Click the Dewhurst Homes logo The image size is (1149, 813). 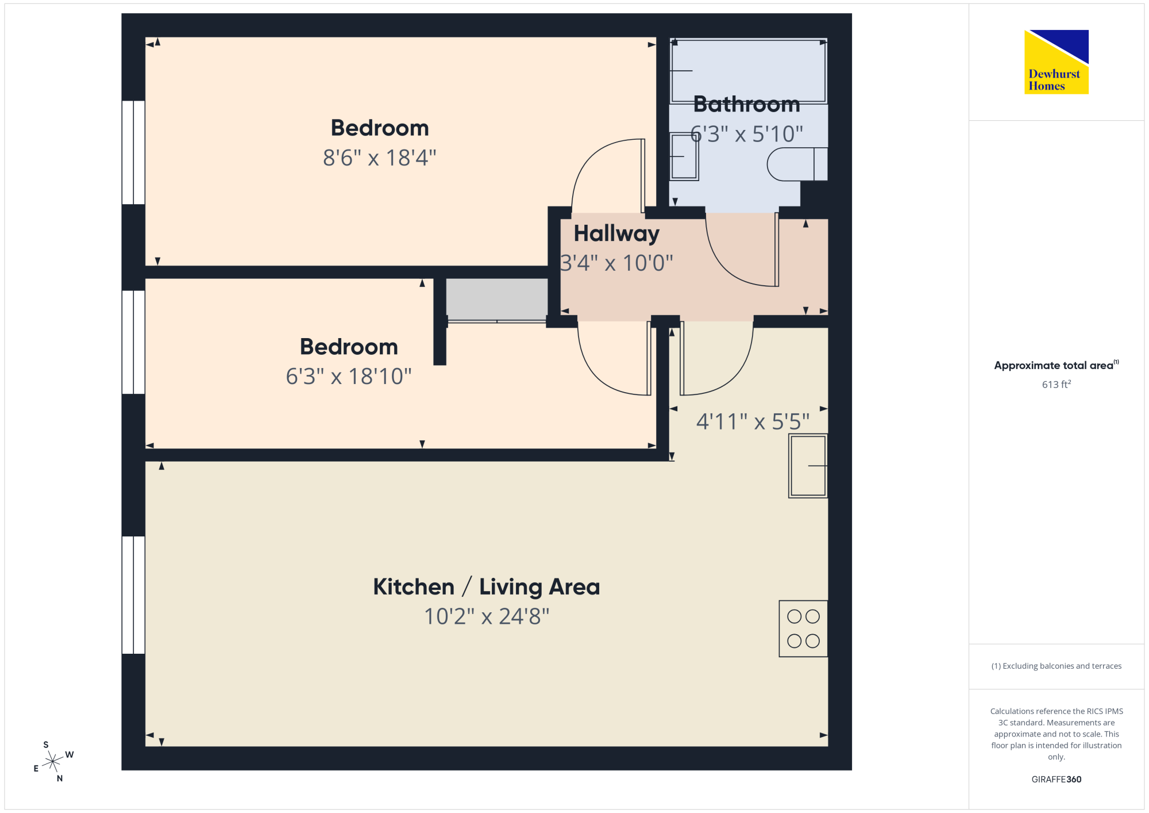click(1057, 62)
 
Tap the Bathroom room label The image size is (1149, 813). click(747, 104)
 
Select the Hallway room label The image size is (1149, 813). click(616, 233)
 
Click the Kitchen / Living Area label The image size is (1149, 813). click(487, 587)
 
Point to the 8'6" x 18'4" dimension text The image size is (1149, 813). click(380, 158)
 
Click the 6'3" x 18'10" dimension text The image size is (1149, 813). click(349, 377)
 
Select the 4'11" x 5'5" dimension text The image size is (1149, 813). click(753, 421)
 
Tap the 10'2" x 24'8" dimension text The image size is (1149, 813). click(487, 616)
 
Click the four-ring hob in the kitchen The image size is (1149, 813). click(803, 628)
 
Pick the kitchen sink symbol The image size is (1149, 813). click(808, 466)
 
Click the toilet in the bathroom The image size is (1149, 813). click(797, 164)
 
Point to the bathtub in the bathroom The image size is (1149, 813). click(749, 71)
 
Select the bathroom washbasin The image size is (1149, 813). click(684, 156)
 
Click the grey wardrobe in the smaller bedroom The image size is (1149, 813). click(497, 300)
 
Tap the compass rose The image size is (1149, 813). click(53, 761)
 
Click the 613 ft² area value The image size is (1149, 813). click(1057, 384)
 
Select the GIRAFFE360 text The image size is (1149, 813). click(1057, 780)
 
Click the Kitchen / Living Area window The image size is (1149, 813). click(133, 595)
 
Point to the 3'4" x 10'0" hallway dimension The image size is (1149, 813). click(616, 263)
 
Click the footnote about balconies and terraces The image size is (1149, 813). click(1057, 666)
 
